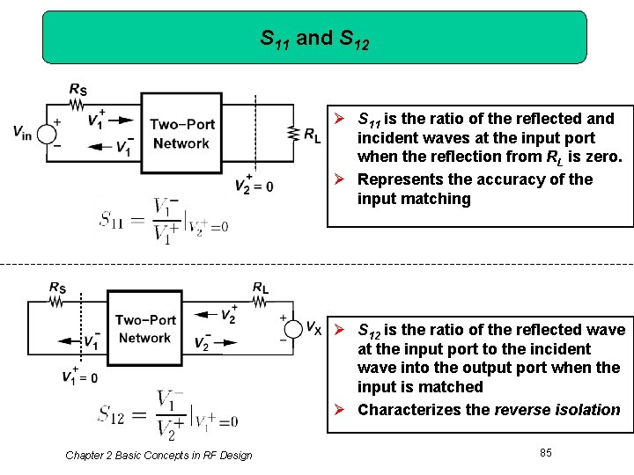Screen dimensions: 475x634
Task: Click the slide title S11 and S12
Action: [314, 39]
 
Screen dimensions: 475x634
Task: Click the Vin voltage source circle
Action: [46, 134]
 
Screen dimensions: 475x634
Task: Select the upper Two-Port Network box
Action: [181, 134]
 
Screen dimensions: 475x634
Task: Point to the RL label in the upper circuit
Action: [313, 135]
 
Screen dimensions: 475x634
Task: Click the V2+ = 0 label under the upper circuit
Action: [254, 185]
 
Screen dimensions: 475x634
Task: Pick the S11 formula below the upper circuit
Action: [164, 219]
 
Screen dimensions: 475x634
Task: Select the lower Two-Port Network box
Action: [145, 329]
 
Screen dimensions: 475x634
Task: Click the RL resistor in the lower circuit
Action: [260, 302]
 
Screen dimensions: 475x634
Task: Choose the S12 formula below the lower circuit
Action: [168, 413]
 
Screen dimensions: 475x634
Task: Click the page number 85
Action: [546, 452]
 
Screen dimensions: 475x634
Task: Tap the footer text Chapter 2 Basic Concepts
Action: [158, 455]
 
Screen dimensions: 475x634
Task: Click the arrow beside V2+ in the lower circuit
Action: [205, 313]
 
